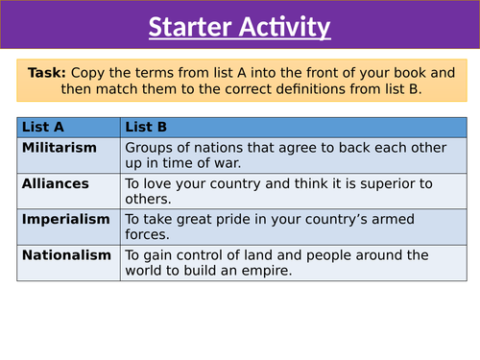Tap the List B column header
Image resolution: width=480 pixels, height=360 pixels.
click(149, 126)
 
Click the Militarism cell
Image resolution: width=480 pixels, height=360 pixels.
click(60, 147)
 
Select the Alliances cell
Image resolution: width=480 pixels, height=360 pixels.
click(55, 182)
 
